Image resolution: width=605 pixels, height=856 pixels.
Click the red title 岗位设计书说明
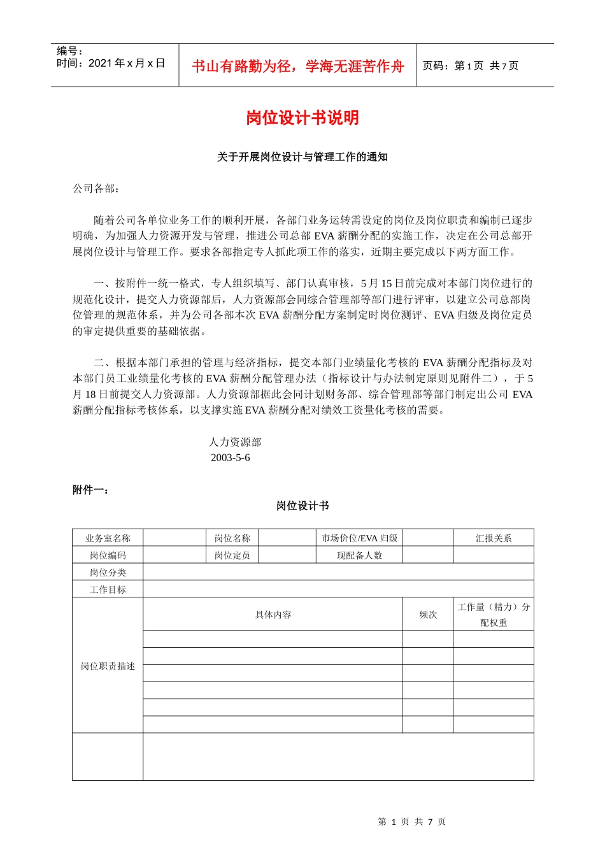point(302,118)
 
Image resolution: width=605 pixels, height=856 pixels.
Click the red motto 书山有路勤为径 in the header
point(298,66)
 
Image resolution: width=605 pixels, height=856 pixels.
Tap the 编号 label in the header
point(69,51)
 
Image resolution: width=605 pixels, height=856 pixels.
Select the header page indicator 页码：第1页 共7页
point(471,66)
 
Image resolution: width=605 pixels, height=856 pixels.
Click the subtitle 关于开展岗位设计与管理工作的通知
point(302,157)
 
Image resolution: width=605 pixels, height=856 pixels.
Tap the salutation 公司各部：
point(96,189)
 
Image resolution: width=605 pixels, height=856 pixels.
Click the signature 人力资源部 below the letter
point(235,442)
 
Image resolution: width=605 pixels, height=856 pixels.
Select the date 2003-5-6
point(230,458)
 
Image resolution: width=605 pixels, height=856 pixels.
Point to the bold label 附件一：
point(90,490)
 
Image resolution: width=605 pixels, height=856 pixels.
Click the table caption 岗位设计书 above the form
point(302,506)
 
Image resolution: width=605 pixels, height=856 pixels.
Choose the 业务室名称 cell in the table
point(108,538)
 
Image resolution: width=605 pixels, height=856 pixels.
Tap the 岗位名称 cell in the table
point(232,538)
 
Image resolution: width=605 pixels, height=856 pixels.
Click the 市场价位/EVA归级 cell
point(359,538)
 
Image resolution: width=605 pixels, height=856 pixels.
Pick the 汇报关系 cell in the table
point(494,538)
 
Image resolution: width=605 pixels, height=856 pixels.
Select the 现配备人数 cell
point(359,555)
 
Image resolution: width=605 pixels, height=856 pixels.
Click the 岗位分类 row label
point(108,573)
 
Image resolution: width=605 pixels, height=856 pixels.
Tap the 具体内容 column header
point(273,615)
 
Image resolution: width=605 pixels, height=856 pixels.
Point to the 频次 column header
point(428,615)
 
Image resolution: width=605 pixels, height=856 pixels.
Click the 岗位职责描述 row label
point(108,666)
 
